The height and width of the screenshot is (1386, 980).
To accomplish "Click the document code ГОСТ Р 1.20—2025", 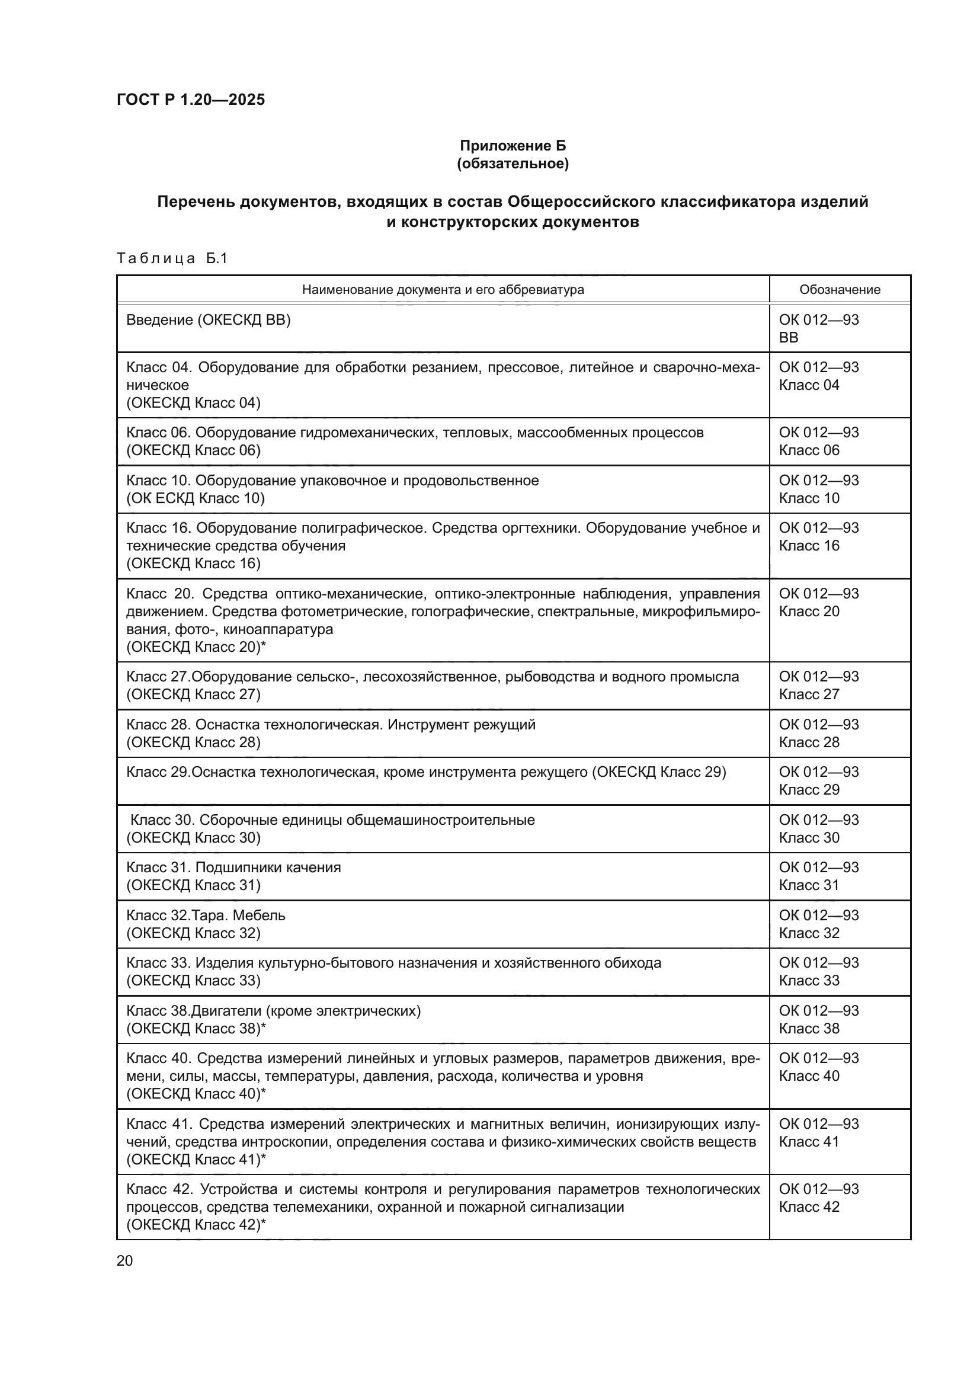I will pyautogui.click(x=191, y=100).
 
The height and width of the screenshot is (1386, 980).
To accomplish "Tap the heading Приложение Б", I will pyautogui.click(x=513, y=146).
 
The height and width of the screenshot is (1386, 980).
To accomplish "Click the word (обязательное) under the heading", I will pyautogui.click(x=513, y=164).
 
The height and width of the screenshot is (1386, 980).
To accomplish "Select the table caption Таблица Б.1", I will pyautogui.click(x=172, y=258).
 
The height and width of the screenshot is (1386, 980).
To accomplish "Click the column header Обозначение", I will pyautogui.click(x=840, y=290).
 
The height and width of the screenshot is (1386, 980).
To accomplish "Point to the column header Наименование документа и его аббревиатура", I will pyautogui.click(x=443, y=290).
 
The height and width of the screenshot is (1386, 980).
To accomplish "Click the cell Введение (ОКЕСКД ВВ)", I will pyautogui.click(x=208, y=320).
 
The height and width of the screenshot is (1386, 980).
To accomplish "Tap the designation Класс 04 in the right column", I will pyautogui.click(x=809, y=385).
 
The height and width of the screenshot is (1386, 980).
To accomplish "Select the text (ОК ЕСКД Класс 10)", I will pyautogui.click(x=195, y=498).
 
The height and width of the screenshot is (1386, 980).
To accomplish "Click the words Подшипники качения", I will pyautogui.click(x=268, y=868).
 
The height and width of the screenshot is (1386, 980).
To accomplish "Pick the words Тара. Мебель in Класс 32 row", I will pyautogui.click(x=238, y=915).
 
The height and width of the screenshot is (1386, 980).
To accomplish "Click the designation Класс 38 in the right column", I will pyautogui.click(x=809, y=1028).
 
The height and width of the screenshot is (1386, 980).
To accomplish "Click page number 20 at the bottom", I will pyautogui.click(x=124, y=1261).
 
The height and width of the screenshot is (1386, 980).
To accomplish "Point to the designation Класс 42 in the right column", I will pyautogui.click(x=809, y=1206).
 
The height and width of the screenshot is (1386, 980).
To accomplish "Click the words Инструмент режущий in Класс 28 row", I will pyautogui.click(x=461, y=724).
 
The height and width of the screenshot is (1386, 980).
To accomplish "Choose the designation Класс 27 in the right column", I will pyautogui.click(x=809, y=694).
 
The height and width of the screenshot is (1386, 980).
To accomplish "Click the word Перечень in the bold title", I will pyautogui.click(x=196, y=201).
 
